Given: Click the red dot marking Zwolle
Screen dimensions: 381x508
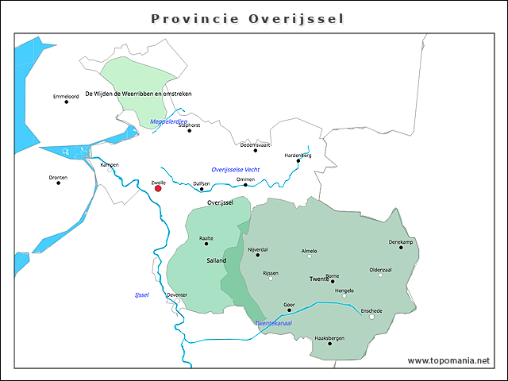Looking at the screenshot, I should coord(158,188).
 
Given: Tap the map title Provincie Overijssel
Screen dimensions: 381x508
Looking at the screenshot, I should coord(248,18).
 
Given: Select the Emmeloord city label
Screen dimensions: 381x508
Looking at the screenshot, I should coord(66,97).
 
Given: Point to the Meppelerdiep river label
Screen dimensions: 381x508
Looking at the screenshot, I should coord(168,121).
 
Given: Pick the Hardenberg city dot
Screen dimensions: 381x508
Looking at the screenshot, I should coord(298,160).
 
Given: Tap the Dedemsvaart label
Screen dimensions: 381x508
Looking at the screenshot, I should coord(256,144).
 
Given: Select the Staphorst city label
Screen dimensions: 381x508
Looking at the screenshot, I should coord(189,125).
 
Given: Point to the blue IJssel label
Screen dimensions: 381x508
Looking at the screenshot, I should coord(142,295).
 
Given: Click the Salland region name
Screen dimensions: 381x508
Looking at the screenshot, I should coord(216,260).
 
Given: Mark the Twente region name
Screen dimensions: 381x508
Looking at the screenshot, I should coord(320,280).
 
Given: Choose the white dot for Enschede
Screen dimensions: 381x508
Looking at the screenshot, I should coord(371,317).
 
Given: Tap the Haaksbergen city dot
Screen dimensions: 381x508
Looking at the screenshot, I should coord(329,344).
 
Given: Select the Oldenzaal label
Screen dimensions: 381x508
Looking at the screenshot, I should coord(381,269).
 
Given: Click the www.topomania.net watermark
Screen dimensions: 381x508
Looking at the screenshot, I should coord(448,360).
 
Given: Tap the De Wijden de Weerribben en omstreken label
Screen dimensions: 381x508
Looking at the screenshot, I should coord(138,94).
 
